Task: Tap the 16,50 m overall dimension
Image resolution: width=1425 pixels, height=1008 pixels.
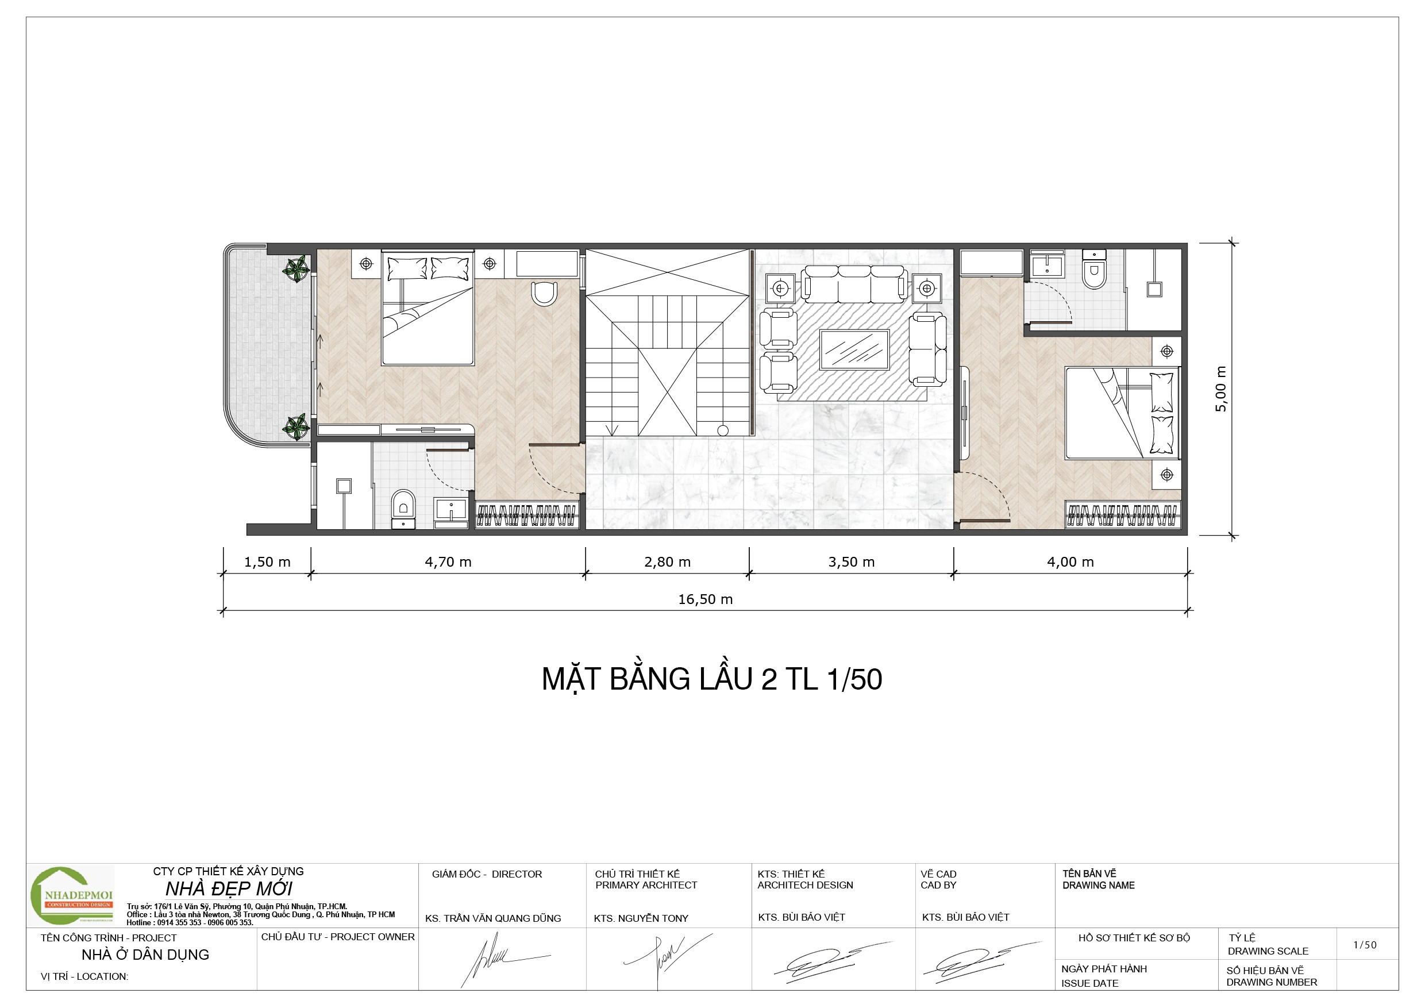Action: tap(705, 599)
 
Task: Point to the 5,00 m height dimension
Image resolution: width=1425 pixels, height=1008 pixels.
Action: tap(1220, 389)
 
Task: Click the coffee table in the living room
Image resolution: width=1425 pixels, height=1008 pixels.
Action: tap(854, 349)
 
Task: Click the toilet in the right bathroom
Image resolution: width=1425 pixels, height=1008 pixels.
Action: tap(1093, 270)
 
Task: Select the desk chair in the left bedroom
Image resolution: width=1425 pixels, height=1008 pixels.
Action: tap(544, 294)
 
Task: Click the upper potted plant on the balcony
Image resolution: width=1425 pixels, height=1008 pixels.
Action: tap(296, 269)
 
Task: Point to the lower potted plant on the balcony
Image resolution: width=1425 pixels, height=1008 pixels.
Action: tap(296, 427)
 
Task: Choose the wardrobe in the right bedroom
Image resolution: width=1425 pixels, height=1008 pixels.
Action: tap(1123, 514)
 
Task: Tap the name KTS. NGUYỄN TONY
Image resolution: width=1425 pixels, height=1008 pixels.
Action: tap(641, 918)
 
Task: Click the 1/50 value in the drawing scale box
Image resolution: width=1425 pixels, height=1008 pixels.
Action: tap(1365, 945)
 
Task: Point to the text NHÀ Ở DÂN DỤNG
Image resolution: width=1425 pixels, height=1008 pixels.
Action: tap(145, 955)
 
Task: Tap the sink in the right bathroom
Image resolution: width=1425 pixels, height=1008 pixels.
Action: tap(1047, 264)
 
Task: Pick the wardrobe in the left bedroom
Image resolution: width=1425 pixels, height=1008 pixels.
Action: tap(527, 514)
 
